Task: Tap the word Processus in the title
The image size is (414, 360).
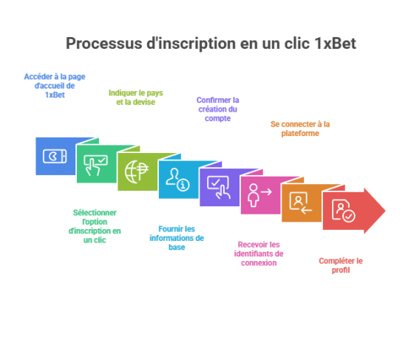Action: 103,44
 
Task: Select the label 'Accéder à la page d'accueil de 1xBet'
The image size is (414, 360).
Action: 55,86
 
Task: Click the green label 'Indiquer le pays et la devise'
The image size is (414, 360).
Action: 136,98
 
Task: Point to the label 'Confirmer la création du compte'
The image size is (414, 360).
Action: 218,109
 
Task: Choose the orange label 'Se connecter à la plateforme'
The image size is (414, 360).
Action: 300,129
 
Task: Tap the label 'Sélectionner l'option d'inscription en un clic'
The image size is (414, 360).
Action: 95,226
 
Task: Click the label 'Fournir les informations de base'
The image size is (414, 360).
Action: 177,238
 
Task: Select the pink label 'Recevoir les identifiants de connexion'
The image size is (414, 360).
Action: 259,254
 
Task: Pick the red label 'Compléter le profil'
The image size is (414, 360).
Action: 341,265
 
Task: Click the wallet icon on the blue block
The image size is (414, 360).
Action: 55,157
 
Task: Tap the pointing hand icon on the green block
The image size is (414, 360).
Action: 95,166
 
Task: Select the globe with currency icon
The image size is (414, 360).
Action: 137,171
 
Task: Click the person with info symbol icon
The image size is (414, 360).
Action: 177,180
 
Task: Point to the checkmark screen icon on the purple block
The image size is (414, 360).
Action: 219,187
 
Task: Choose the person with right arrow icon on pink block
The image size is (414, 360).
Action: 259,195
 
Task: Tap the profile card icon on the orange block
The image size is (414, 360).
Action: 300,203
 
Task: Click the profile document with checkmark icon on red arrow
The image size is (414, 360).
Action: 344,211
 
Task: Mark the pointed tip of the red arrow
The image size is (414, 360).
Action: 385,211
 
